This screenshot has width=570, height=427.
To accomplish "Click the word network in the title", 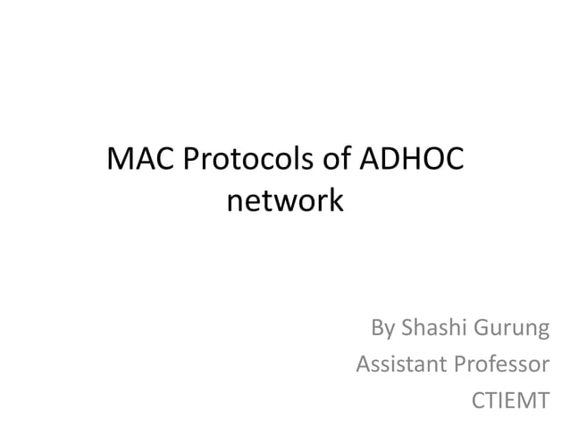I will (x=285, y=201).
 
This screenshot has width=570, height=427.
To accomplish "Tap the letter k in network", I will (x=333, y=201).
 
